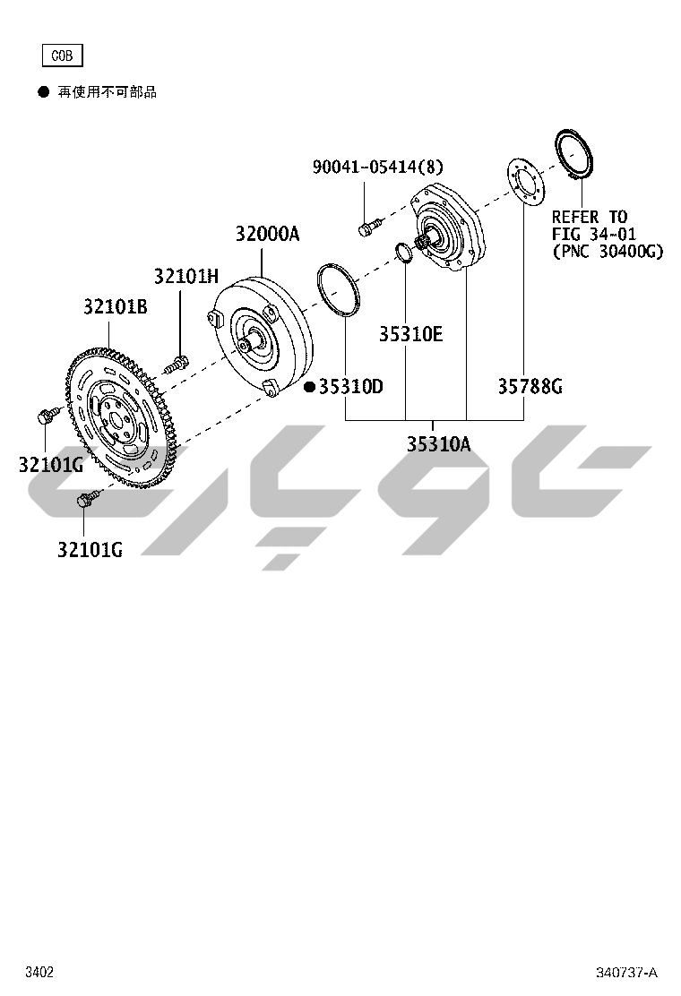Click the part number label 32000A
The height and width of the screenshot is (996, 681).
267,235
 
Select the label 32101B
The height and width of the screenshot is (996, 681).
116,307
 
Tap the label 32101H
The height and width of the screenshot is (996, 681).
185,276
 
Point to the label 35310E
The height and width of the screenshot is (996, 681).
410,334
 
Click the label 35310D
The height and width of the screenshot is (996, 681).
351,387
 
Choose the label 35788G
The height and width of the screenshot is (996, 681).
530,387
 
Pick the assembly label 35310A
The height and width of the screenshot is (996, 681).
438,443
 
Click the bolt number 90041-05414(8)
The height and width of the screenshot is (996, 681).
377,167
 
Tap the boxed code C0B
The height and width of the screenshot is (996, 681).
62,56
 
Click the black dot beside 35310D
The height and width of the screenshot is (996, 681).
309,387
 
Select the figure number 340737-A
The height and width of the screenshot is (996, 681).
627,973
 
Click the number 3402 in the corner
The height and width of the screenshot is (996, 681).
39,973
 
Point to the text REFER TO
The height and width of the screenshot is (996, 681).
590,217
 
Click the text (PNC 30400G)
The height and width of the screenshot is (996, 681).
608,252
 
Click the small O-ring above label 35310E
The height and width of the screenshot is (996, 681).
404,253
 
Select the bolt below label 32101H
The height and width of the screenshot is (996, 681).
177,363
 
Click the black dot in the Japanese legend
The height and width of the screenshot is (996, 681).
42,91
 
